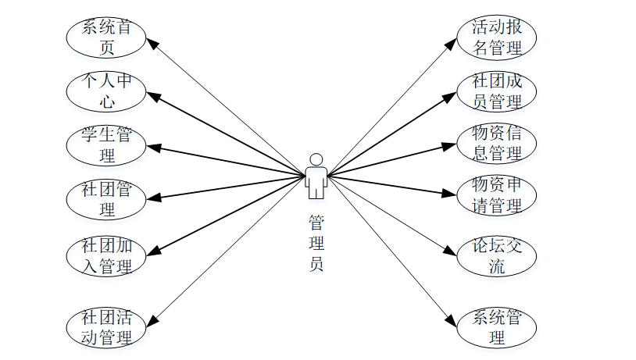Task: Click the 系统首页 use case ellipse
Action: (106, 37)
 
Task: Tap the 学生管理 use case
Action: (106, 144)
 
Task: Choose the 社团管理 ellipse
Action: (106, 199)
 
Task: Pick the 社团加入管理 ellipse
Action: (106, 255)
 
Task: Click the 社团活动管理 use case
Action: (106, 326)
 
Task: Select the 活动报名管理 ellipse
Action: (496, 37)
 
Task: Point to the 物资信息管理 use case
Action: (496, 143)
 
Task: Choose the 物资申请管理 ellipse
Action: (496, 195)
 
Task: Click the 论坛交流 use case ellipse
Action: (496, 255)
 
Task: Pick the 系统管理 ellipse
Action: (496, 326)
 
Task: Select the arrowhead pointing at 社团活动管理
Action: (151, 319)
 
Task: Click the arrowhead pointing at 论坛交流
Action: (451, 251)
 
